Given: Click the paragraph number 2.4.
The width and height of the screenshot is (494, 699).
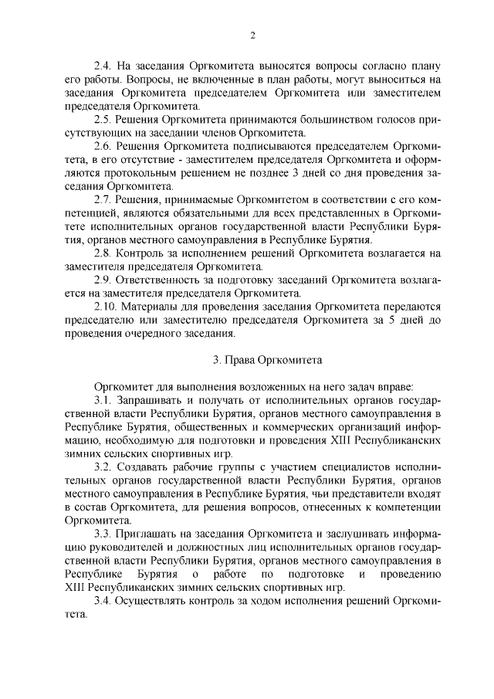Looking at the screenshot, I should (103, 67).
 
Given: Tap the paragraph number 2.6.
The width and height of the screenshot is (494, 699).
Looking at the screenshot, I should (103, 146).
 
